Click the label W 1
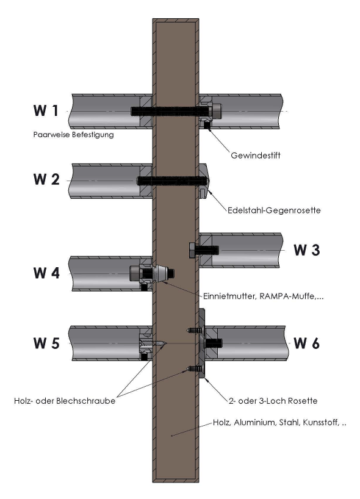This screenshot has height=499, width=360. (x=46, y=110)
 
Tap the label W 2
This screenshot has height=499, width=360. (x=46, y=179)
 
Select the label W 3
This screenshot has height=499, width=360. (x=307, y=250)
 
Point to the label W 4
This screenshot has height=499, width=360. (x=46, y=273)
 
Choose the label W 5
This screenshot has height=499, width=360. (x=46, y=343)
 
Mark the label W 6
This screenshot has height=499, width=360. (x=306, y=343)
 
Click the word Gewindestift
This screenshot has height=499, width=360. (x=256, y=156)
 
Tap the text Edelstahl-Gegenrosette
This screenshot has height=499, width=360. (x=274, y=210)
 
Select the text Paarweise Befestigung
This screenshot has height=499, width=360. (x=74, y=135)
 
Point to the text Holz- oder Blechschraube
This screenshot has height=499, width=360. (x=65, y=401)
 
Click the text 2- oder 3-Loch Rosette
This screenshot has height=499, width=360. (x=273, y=401)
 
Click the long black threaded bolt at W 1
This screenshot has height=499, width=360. (x=171, y=111)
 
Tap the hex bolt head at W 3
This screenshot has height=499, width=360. (x=192, y=251)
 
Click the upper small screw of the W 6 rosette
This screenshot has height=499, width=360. (x=194, y=331)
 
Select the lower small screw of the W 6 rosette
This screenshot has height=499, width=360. (x=194, y=368)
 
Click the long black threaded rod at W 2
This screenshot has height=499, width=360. (x=172, y=181)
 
